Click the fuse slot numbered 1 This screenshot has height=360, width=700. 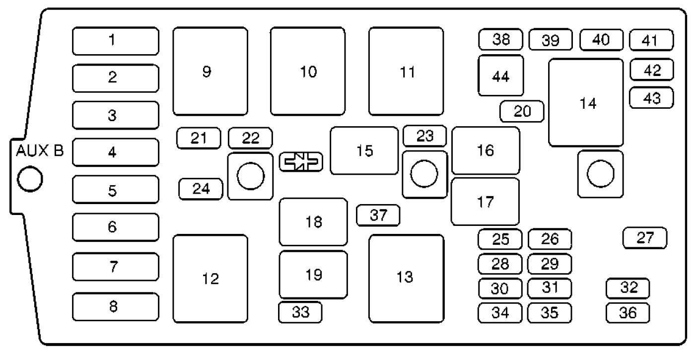tap(116, 41)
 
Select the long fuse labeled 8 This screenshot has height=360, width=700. tap(116, 307)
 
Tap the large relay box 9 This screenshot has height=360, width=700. tap(210, 71)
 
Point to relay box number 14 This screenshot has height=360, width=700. tap(586, 102)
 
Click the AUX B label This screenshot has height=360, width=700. tap(40, 150)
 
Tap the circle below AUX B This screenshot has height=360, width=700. tap(30, 179)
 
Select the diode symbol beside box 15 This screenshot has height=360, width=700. tap(301, 162)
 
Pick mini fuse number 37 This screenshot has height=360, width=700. tap(378, 216)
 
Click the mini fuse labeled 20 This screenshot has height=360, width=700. tap(522, 111)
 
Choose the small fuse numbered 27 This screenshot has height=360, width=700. tap(645, 238)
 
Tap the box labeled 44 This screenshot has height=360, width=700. tap(500, 75)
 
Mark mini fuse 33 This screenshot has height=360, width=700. tap(300, 312)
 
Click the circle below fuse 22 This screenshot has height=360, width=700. tap(251, 176)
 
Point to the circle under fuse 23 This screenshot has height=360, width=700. tap(424, 174)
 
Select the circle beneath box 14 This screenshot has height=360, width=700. tap(601, 174)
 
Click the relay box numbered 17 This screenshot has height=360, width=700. tap(486, 202)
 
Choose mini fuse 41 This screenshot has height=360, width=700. tap(651, 40)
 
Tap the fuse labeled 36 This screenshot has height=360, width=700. tap(628, 313)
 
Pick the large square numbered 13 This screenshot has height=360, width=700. tap(406, 279)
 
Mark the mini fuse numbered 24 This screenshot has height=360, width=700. tap(201, 189)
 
